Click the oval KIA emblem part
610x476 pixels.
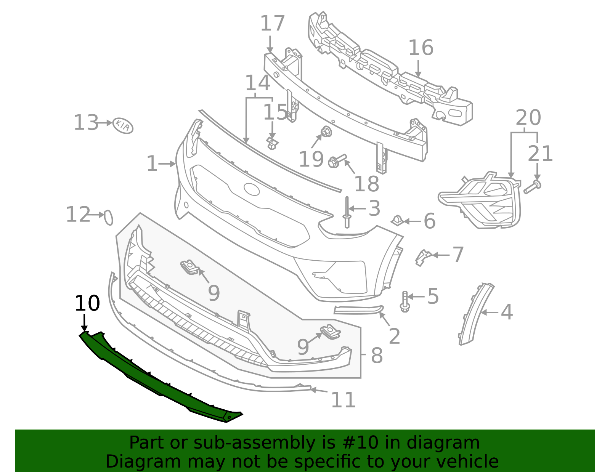click(x=123, y=125)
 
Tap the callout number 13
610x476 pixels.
click(x=86, y=123)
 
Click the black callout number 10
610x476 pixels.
click(x=87, y=304)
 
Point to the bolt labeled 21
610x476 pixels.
click(x=532, y=187)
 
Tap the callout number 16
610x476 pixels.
click(x=421, y=48)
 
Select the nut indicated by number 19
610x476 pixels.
click(x=326, y=132)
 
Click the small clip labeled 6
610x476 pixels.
click(x=397, y=220)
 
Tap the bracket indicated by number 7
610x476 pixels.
click(x=422, y=257)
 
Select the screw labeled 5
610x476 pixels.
click(x=405, y=301)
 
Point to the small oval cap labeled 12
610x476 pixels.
click(x=109, y=217)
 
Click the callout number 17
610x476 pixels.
click(x=272, y=24)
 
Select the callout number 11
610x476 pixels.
click(x=343, y=400)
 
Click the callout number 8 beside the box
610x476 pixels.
click(x=377, y=356)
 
